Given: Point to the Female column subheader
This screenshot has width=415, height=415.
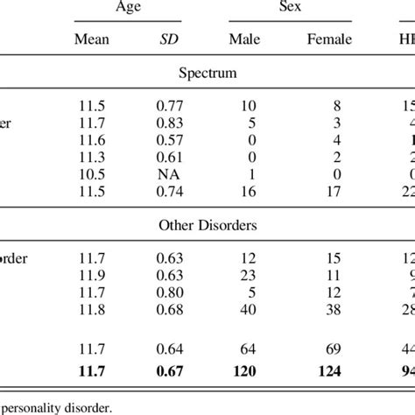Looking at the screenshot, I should click(330, 40).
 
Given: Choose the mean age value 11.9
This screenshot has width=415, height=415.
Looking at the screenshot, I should click(94, 275).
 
